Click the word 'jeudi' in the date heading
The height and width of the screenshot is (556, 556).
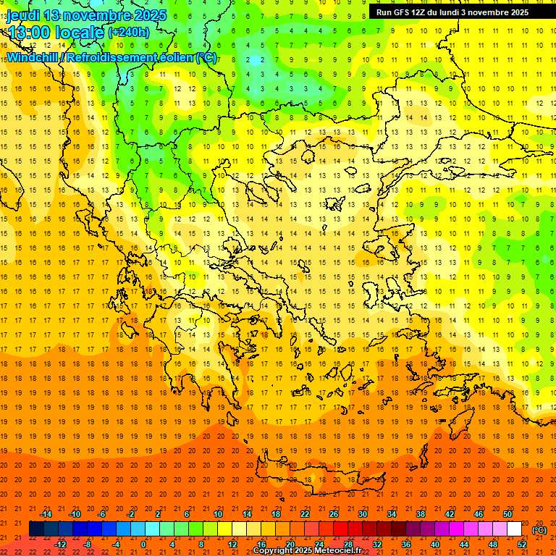click(x=22, y=15)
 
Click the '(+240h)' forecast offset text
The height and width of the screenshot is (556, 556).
click(x=129, y=32)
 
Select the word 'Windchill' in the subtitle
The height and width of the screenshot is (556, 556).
click(x=33, y=57)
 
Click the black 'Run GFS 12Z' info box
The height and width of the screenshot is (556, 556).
click(x=452, y=12)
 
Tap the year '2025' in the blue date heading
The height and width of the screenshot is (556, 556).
click(x=147, y=15)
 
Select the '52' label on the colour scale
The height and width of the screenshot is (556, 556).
click(x=522, y=544)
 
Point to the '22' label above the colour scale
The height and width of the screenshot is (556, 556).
click(x=305, y=513)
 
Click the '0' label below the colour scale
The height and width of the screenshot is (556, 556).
click(x=143, y=544)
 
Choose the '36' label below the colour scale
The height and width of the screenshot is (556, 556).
click(x=406, y=544)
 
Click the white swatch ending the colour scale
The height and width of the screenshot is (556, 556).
click(x=515, y=529)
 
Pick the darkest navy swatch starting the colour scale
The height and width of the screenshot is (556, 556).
click(x=36, y=529)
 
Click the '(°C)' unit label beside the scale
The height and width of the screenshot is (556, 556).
click(x=539, y=530)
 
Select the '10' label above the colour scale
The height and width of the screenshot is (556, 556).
click(x=218, y=513)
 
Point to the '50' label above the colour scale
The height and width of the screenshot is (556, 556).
click(x=507, y=513)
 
